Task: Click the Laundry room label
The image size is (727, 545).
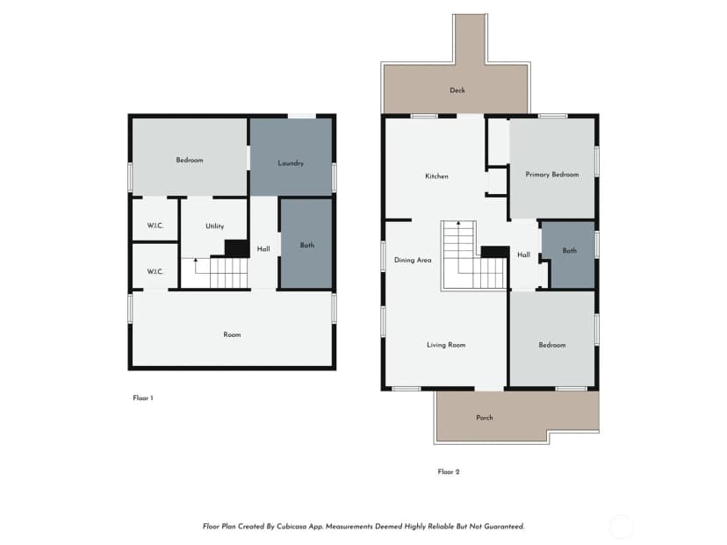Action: click(x=291, y=163)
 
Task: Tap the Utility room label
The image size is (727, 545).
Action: click(x=214, y=226)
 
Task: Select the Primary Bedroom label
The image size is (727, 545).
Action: click(x=551, y=175)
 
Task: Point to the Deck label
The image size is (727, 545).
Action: click(x=457, y=90)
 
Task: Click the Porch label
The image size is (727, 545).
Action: click(x=485, y=418)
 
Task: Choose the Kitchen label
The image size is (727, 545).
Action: click(x=436, y=176)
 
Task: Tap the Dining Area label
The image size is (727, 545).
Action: click(x=413, y=261)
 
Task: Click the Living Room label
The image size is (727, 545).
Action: click(x=446, y=345)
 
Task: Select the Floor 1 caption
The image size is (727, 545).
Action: click(x=143, y=398)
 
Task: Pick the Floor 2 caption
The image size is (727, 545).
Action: click(x=449, y=472)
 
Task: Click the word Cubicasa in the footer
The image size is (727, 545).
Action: click(x=291, y=527)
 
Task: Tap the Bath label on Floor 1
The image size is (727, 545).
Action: click(x=307, y=245)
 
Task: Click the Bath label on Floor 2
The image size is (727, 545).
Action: click(x=569, y=251)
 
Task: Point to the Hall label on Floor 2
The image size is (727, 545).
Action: click(x=523, y=255)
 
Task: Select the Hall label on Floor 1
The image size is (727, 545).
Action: click(x=263, y=249)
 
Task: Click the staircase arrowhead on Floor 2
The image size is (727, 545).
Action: click(x=458, y=223)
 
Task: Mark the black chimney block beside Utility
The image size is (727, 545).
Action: click(x=236, y=247)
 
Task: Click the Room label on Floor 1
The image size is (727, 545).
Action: click(x=232, y=334)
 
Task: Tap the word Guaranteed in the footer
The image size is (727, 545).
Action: click(x=504, y=527)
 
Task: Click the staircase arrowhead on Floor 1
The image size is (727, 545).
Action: click(x=196, y=260)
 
